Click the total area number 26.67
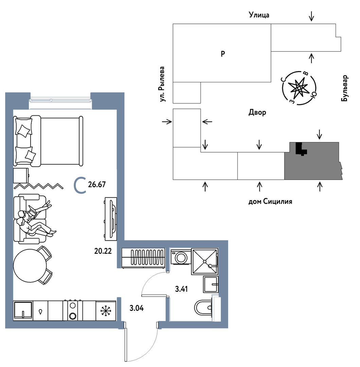pos(97,184)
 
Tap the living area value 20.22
pos(103,251)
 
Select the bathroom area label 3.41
pos(182,289)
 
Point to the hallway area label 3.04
pos(137,308)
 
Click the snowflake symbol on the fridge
pos(106,311)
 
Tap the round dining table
pos(30,266)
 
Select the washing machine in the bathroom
pos(181,257)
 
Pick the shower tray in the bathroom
pos(204,261)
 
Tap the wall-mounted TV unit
pos(111,219)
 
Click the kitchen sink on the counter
pos(23,311)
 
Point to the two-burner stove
pos(72,311)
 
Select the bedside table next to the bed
pos(21,176)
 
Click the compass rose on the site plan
pos(299,88)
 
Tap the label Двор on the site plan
pos(257,112)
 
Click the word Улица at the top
pos(259,15)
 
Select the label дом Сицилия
pos(270,201)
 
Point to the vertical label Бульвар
pos(344,88)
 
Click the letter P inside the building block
pos(223,54)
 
